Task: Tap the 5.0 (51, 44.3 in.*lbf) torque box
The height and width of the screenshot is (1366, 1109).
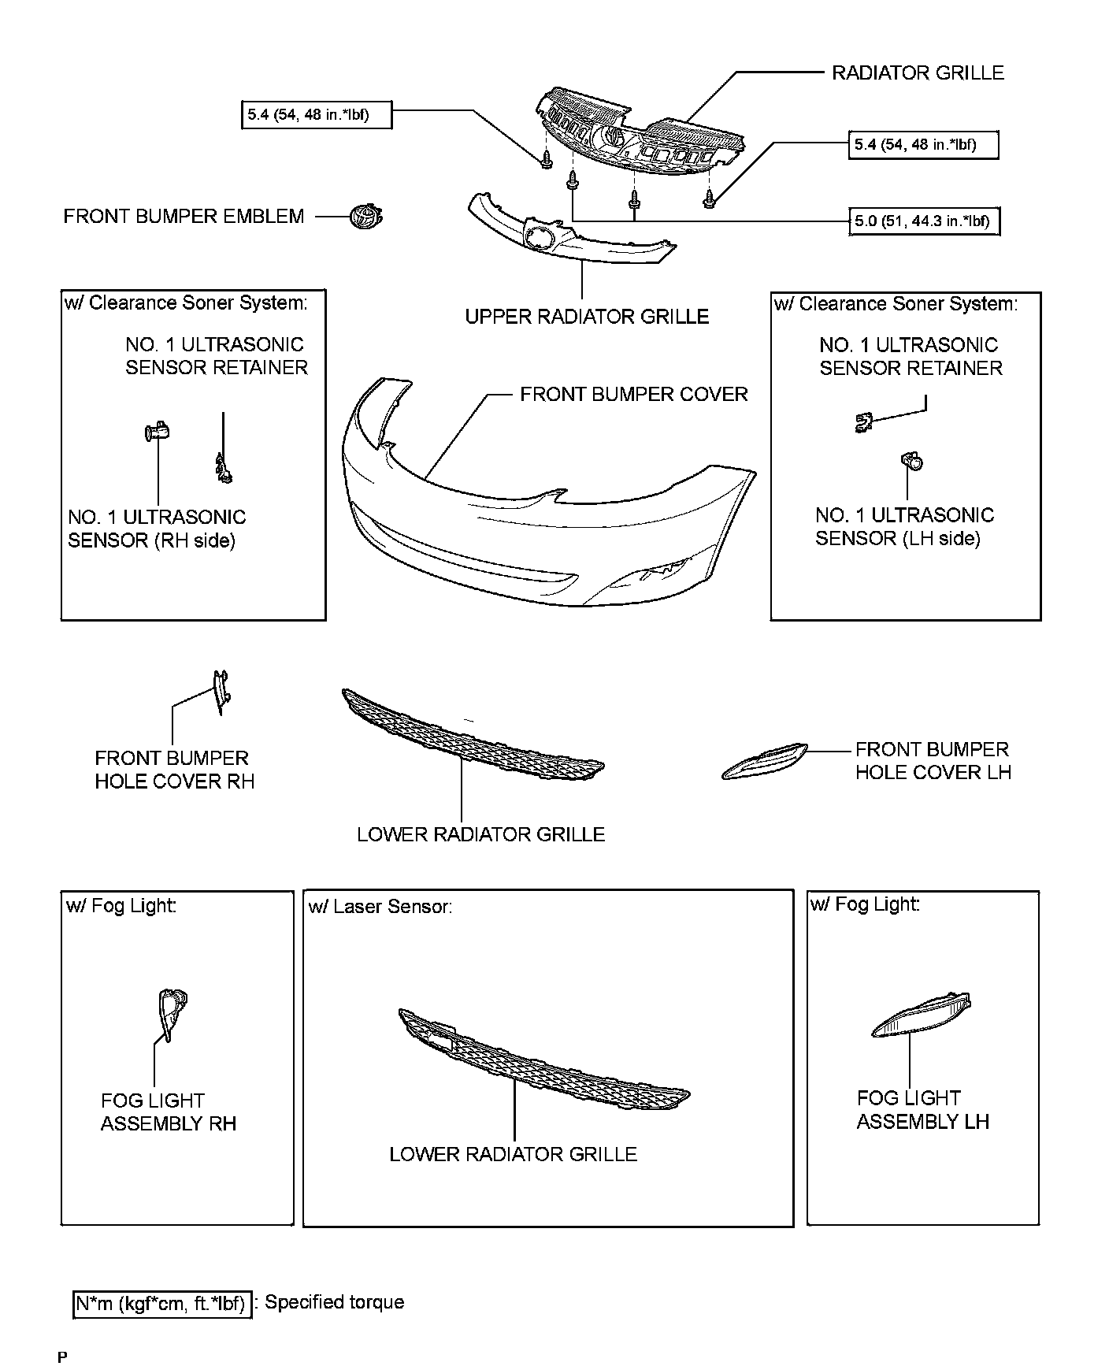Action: point(924,221)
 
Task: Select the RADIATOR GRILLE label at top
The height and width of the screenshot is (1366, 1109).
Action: point(918,73)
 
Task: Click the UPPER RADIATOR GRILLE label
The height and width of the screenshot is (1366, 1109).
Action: point(587,317)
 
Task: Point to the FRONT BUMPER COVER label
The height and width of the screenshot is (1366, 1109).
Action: point(633,394)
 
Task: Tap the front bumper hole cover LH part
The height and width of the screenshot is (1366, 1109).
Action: point(763,762)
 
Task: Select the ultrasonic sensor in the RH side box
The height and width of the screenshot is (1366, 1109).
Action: point(158,432)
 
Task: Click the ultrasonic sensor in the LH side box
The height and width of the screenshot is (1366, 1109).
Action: point(913,462)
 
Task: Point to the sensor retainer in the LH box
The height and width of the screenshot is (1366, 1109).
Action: point(864,423)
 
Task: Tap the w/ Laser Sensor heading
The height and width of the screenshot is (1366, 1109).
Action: point(380,907)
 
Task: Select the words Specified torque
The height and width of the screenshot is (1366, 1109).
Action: point(334,1302)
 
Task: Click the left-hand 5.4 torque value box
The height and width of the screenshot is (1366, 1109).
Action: point(315,116)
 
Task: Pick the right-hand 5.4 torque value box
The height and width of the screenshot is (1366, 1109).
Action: point(923,145)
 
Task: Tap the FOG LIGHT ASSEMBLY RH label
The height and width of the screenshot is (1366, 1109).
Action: point(168,1112)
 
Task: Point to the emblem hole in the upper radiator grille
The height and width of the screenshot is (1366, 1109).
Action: point(540,237)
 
